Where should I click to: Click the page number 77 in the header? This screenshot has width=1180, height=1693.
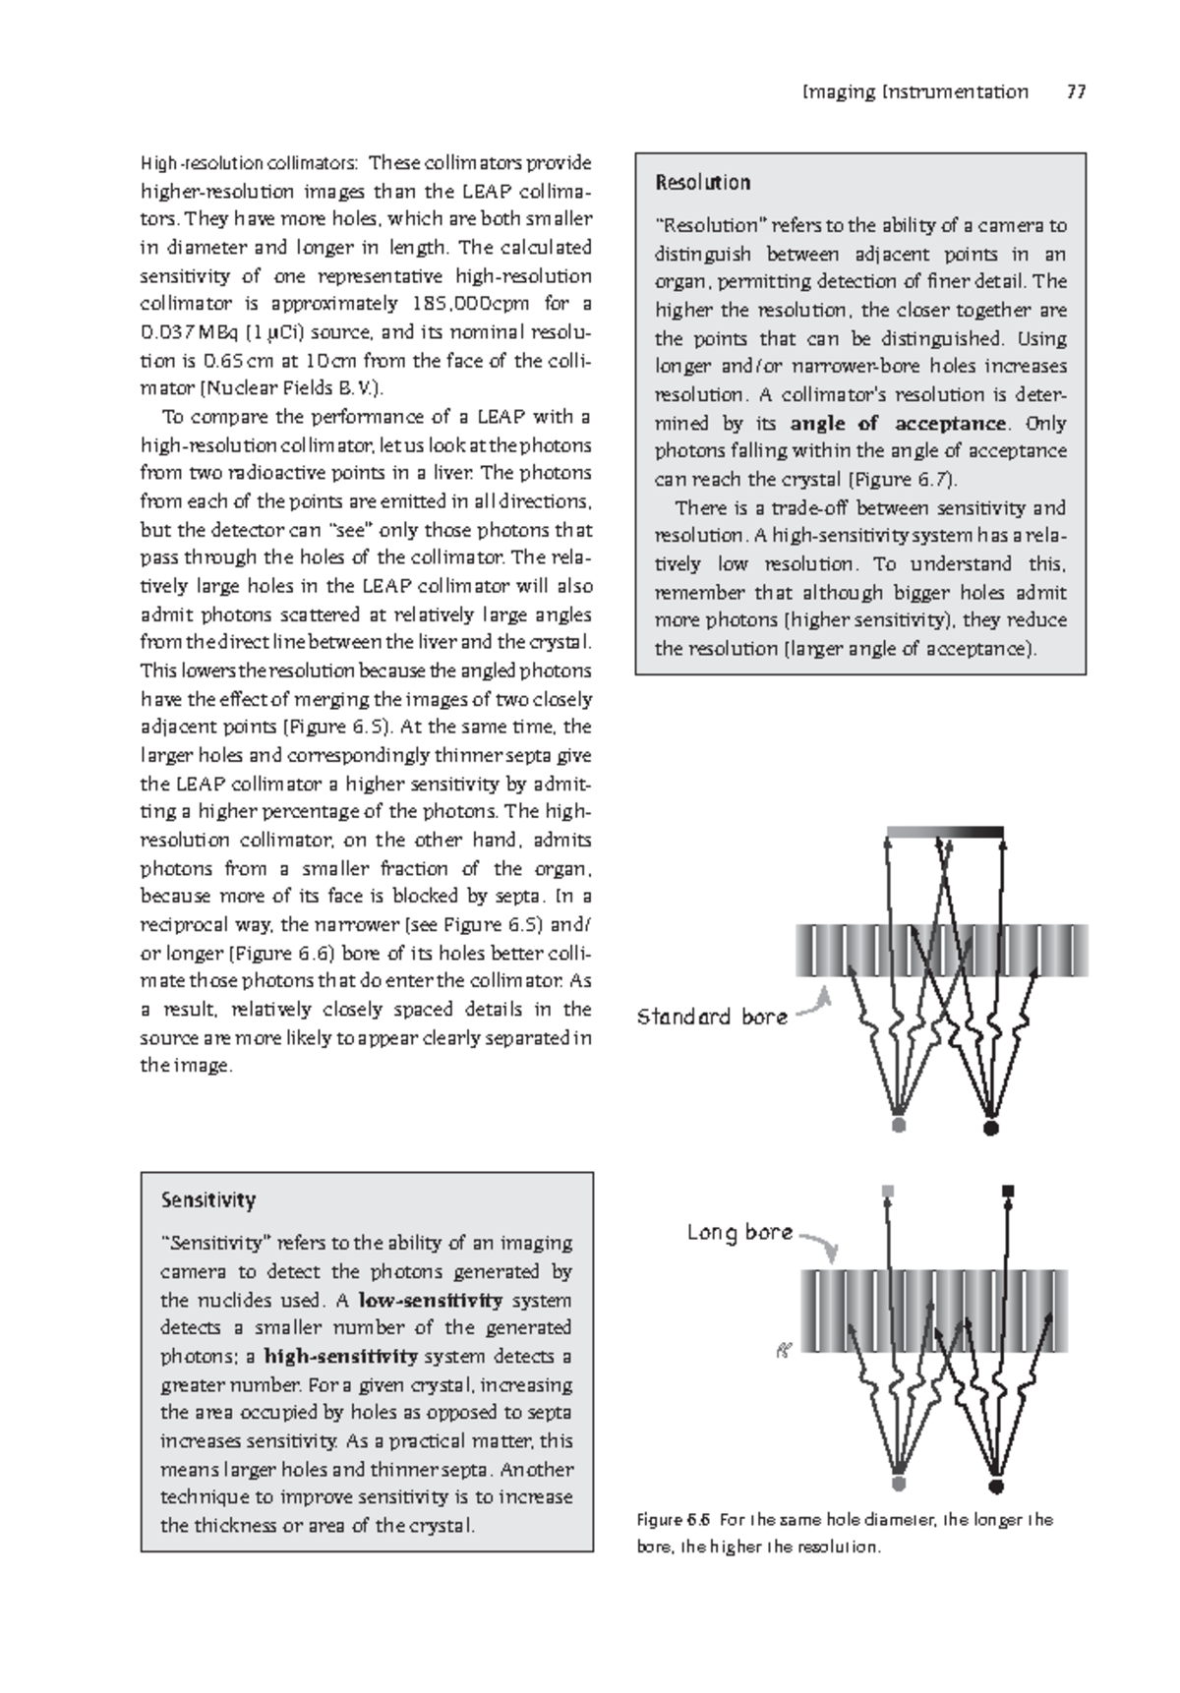tap(1075, 92)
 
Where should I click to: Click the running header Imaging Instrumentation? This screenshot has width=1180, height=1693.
tap(914, 92)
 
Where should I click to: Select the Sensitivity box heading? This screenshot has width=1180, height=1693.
tap(207, 1200)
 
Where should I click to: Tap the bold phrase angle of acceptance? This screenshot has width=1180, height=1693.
tap(899, 424)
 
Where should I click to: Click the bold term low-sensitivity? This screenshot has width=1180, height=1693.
tap(433, 1300)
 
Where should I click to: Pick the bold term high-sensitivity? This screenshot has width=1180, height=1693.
tap(340, 1357)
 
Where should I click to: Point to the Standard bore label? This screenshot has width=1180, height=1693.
tap(712, 1017)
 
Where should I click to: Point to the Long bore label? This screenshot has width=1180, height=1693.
tap(739, 1232)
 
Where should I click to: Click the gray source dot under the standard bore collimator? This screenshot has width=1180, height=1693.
tap(898, 1125)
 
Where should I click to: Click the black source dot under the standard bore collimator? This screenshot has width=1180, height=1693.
tap(990, 1127)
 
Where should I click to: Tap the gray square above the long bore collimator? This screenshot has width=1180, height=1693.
tap(889, 1191)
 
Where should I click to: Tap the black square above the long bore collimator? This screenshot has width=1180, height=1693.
tap(1007, 1191)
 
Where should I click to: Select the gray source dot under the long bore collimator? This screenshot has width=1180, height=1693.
tap(898, 1484)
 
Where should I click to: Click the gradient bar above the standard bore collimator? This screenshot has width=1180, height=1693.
tap(944, 832)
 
